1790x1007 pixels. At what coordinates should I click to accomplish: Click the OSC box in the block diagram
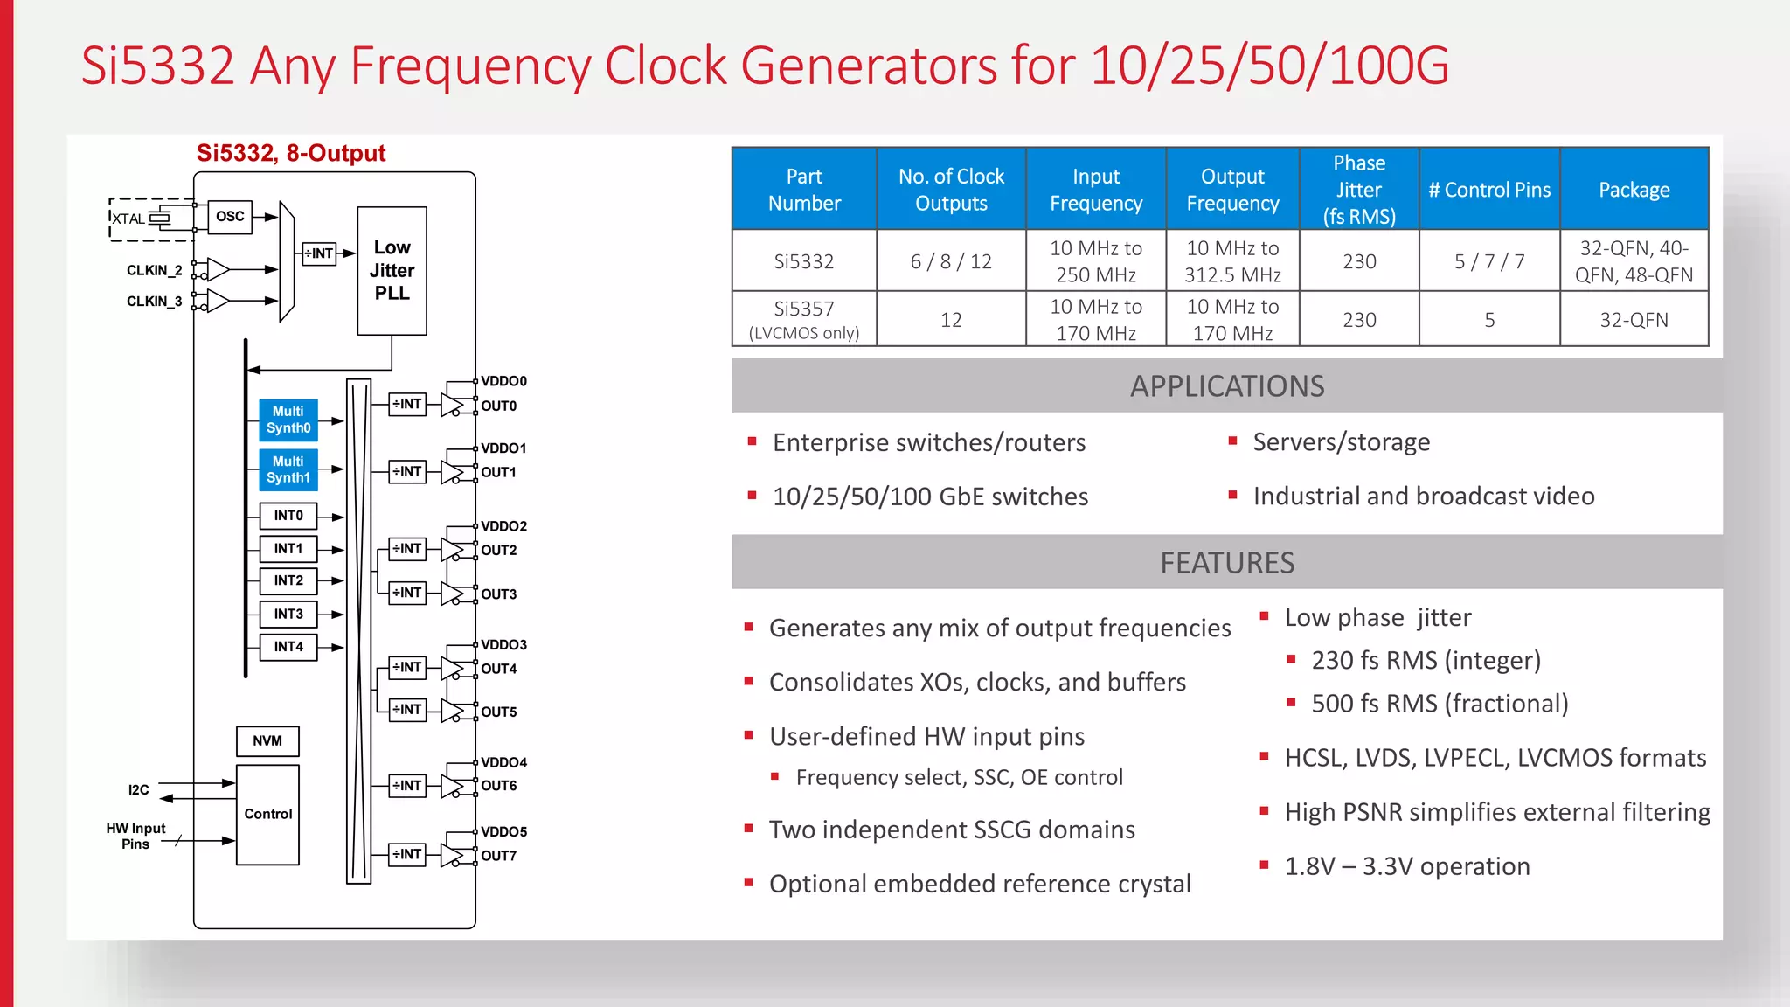(230, 217)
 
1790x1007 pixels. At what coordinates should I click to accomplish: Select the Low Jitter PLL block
(392, 270)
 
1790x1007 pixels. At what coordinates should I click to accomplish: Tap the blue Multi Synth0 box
(288, 420)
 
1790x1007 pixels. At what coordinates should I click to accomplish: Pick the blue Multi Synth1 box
(288, 469)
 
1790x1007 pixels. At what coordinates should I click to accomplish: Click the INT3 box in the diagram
(288, 615)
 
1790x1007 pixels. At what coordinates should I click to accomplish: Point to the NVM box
(267, 741)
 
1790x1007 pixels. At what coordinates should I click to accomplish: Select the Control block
(267, 815)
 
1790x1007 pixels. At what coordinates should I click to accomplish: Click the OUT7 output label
(499, 856)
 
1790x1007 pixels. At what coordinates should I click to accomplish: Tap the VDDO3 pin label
(504, 645)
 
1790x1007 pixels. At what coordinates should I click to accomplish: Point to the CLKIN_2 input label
(154, 270)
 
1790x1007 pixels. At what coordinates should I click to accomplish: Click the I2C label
(138, 790)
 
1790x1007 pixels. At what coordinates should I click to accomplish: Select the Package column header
(1634, 190)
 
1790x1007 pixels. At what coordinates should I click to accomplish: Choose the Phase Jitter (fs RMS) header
(1359, 190)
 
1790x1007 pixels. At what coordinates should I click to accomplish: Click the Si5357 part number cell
(804, 319)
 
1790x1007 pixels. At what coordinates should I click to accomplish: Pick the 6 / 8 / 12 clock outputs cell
(951, 261)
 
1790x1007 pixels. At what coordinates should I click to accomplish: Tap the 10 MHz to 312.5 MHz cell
(1232, 261)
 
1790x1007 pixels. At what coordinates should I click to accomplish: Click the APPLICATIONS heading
(1227, 386)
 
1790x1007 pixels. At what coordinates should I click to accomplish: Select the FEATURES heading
(1227, 563)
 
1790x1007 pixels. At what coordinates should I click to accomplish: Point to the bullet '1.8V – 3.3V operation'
(1407, 866)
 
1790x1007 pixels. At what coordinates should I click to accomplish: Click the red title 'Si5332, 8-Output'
(291, 153)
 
